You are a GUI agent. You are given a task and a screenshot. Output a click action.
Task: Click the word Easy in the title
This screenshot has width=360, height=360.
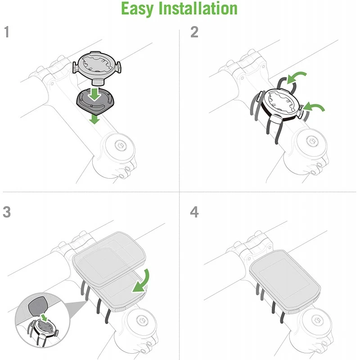pos(137,9)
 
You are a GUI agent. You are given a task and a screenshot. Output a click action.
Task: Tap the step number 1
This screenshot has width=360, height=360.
pos(7,32)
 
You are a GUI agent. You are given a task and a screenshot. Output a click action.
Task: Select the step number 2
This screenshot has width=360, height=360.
pos(194,32)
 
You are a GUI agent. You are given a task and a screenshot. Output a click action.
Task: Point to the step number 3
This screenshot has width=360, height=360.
pos(7,212)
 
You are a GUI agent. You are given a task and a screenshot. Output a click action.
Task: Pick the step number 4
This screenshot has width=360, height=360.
pos(194,212)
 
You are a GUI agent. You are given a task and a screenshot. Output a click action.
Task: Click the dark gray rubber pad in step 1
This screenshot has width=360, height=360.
pos(94,101)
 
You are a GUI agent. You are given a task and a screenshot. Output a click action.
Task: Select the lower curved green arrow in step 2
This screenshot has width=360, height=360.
pos(314,107)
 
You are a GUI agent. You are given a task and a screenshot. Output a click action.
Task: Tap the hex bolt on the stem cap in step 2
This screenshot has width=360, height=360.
pos(311,141)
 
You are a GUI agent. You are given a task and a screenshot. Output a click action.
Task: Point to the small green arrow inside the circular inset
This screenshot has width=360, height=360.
pos(43,318)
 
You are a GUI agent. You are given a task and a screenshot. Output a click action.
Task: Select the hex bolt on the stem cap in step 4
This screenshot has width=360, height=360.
pos(317,320)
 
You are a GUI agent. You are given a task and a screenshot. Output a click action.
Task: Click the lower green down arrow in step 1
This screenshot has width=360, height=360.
pos(94,119)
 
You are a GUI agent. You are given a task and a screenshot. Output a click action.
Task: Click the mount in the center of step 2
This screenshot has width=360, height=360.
pos(279,105)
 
